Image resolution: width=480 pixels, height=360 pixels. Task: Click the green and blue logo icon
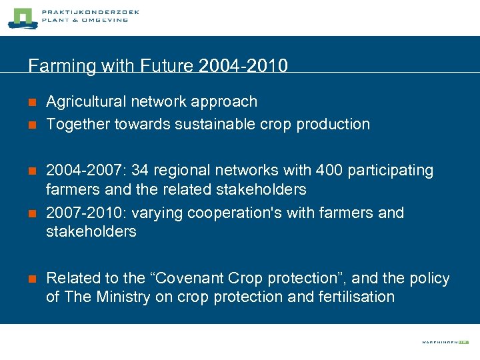point(21,18)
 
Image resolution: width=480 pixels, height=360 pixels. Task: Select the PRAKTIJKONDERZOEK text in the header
point(90,12)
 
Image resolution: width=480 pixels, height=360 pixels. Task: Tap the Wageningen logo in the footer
point(445,342)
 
